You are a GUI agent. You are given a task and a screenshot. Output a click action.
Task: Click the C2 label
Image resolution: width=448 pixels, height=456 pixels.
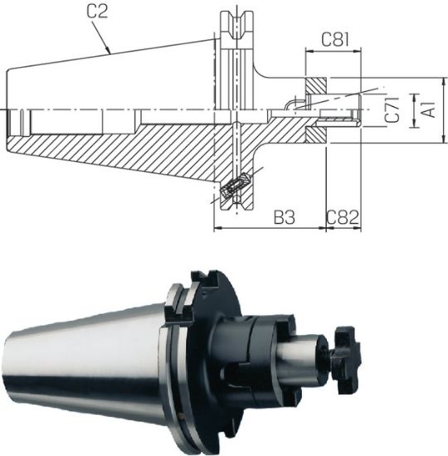tap(98, 12)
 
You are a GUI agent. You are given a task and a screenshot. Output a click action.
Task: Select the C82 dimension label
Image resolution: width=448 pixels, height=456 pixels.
tap(342, 217)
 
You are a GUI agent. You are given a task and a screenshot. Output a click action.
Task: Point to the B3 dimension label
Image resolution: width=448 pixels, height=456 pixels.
tap(285, 217)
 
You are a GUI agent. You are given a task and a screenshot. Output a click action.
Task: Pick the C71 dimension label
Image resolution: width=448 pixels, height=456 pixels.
tap(392, 109)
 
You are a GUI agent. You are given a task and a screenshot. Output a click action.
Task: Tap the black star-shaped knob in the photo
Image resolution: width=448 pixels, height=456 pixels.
tap(347, 360)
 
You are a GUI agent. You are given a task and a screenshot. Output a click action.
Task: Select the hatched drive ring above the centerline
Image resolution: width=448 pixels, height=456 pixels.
tap(316, 86)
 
